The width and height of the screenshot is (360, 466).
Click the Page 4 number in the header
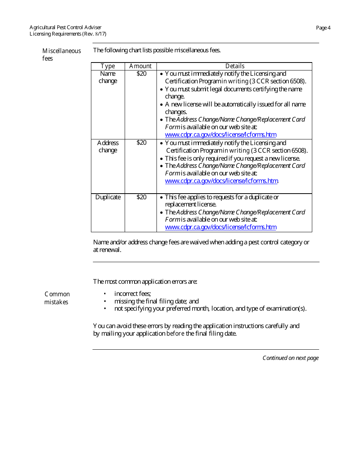tap(323, 28)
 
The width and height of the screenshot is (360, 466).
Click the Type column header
tap(108, 66)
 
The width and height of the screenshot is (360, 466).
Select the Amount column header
tap(140, 66)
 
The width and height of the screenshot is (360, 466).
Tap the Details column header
tap(235, 66)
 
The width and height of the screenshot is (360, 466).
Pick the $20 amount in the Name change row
tap(141, 74)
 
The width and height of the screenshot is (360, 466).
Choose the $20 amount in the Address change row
tap(141, 143)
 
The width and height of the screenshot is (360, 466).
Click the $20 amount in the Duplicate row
tap(141, 197)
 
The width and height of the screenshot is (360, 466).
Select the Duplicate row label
tap(108, 197)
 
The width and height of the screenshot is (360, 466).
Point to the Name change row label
tap(108, 77)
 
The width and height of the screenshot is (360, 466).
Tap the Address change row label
tap(108, 147)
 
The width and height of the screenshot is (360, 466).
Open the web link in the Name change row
tap(221, 134)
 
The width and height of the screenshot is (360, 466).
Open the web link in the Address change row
tap(221, 181)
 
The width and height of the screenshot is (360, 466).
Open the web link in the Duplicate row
tap(221, 227)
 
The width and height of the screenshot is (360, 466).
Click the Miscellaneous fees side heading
tap(61, 55)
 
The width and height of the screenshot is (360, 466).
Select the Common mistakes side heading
tap(57, 298)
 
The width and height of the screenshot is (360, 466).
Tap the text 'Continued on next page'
tap(291, 358)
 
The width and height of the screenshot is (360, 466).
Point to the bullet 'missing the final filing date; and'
tap(157, 301)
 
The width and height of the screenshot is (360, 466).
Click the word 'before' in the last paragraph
tap(175, 334)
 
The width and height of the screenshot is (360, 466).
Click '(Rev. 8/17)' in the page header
tap(94, 34)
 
